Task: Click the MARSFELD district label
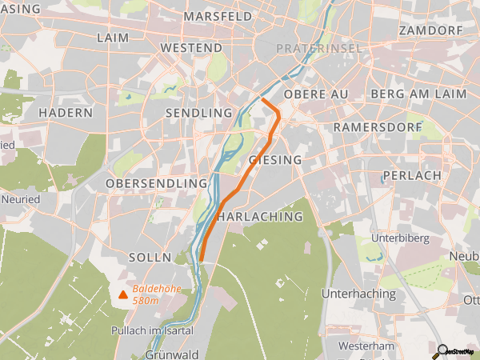[218, 16]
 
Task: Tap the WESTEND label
[191, 48]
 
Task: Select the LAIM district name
[112, 38]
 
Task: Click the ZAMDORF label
[430, 30]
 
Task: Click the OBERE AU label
[316, 94]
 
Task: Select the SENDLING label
[198, 114]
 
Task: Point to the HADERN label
[66, 113]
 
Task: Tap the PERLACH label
[412, 175]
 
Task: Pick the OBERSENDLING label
[157, 184]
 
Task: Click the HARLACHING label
[260, 217]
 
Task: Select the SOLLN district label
[150, 258]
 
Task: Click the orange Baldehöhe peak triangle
[123, 294]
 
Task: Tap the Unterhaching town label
[358, 294]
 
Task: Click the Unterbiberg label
[400, 238]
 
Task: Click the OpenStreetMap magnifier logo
[440, 350]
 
